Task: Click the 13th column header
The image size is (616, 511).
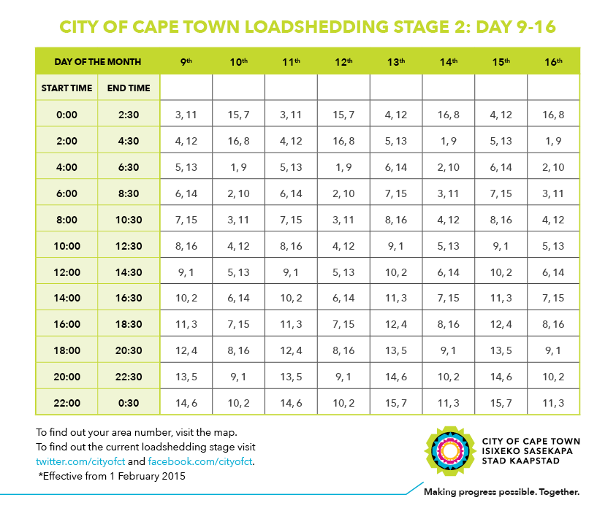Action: point(396,61)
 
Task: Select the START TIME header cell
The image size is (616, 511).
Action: point(66,88)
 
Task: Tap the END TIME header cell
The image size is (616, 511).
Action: point(129,88)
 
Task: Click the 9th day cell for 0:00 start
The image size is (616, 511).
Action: point(186,115)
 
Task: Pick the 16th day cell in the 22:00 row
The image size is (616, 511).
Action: point(554,403)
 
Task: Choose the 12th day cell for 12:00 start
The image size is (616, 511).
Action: point(343,272)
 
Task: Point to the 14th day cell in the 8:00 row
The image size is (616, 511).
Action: point(449,220)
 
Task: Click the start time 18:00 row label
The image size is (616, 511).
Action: point(66,350)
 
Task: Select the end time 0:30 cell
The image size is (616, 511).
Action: point(129,403)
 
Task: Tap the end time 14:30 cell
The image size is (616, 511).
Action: point(129,272)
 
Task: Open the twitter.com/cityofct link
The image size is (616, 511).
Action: point(80,461)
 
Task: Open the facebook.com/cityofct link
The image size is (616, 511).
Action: point(200,461)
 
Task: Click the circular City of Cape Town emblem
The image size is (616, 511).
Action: point(449,451)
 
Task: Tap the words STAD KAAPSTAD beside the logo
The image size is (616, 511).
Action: point(520,461)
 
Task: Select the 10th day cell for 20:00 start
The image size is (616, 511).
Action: point(238,377)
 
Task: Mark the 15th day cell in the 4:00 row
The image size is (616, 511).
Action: point(501,167)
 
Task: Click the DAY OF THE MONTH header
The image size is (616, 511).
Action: point(98,61)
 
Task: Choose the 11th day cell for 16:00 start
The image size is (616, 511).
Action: point(291,324)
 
